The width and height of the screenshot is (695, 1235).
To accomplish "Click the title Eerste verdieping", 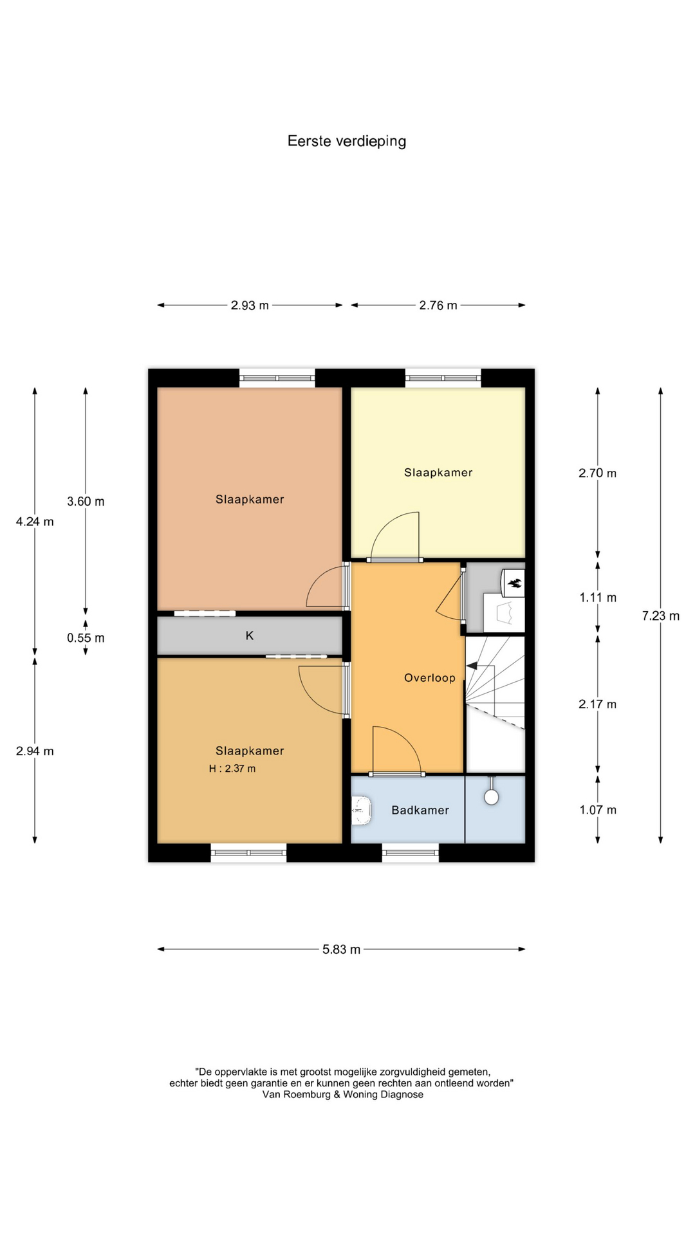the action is pos(347,142).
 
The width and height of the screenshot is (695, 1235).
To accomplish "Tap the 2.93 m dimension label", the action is pos(250,306).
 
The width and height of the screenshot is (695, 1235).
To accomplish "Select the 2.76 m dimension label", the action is pos(438,306).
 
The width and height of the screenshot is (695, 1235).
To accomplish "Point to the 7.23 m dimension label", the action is pos(661,616).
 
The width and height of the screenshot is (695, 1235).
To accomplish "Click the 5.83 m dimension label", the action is pos(342,949).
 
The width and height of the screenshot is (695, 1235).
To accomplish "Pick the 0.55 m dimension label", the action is pos(86,638).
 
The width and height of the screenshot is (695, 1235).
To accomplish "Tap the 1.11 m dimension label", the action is pos(598,598).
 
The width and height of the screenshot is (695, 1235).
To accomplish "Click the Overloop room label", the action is pos(430,678).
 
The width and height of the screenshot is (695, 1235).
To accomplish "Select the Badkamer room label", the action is pos(420,810).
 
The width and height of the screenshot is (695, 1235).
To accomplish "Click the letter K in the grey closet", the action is pos(250,636).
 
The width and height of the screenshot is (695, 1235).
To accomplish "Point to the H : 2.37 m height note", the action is pos(232,769).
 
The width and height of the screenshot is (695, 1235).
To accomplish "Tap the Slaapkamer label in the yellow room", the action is pos(438,473).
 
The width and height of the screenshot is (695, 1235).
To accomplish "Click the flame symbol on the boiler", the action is pos(514,584).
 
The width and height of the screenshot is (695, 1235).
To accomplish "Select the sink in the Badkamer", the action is pos(362,810).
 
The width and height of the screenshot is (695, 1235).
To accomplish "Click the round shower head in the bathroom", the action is pos(492,798).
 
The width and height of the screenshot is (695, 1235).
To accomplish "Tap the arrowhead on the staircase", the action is pos(472,666).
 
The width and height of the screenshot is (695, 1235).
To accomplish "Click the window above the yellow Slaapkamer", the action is pos(443,378).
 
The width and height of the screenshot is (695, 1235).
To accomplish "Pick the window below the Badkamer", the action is pos(411,853).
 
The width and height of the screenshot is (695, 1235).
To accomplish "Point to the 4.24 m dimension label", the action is pos(35,522).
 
